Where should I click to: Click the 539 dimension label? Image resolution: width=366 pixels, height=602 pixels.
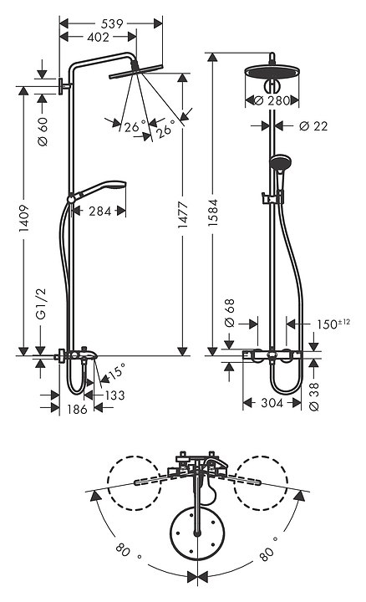(x=112, y=23)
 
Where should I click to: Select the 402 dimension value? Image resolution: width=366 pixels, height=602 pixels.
(x=99, y=38)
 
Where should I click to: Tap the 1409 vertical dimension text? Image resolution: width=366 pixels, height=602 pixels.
(x=24, y=218)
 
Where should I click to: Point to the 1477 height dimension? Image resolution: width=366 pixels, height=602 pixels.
(x=183, y=215)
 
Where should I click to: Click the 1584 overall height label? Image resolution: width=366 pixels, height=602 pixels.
(x=213, y=212)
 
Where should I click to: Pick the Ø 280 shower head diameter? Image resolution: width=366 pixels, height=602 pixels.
(x=272, y=100)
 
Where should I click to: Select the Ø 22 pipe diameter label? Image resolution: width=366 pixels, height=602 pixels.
(x=313, y=126)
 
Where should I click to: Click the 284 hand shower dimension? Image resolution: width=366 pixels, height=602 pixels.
(x=99, y=211)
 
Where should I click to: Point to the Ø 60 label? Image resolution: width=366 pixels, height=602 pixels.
(x=43, y=131)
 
